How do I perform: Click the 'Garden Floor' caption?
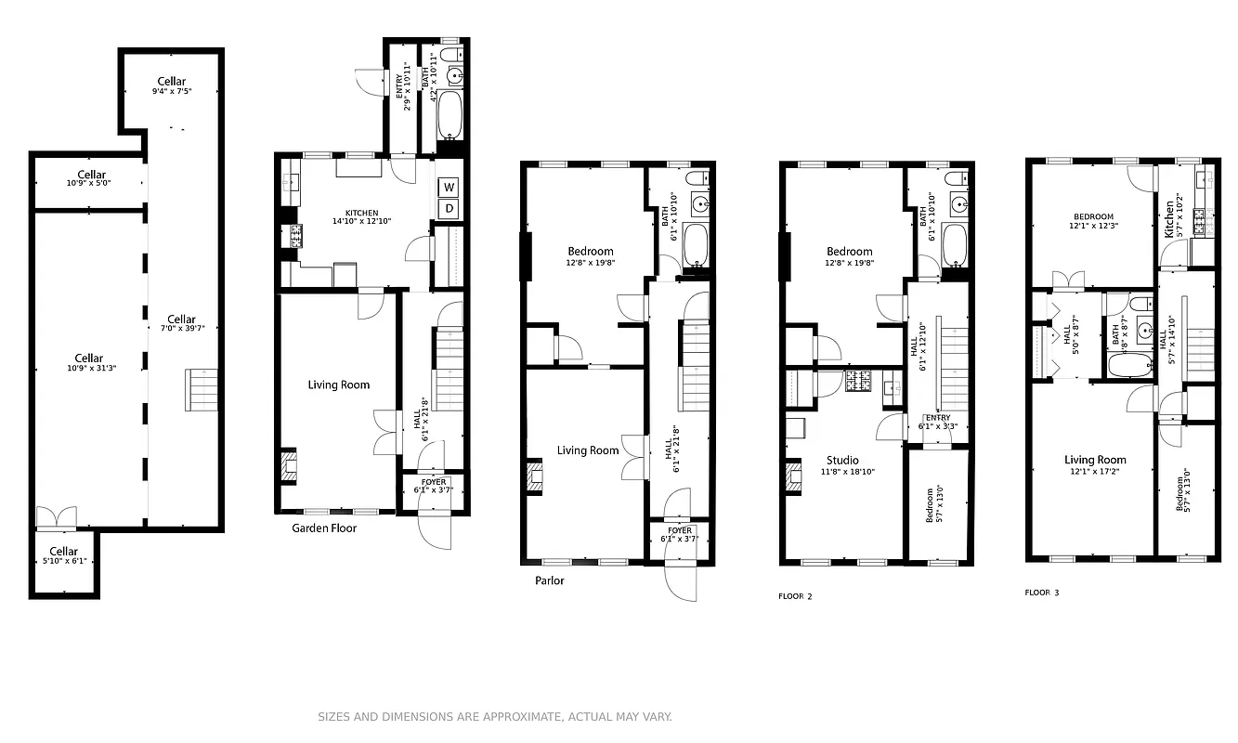coord(324,528)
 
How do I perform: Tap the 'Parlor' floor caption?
coord(549,580)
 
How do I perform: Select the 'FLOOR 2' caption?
coord(795,596)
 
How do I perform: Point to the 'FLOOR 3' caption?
coord(1041,593)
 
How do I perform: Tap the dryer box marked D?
coord(449,208)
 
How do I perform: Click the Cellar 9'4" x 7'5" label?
coord(171,86)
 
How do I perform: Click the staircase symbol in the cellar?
coord(202,390)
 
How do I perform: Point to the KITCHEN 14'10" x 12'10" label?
coord(356,217)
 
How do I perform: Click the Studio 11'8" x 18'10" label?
coord(842,465)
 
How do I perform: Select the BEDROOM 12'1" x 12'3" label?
coord(1089,221)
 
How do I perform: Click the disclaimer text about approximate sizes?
coord(494,717)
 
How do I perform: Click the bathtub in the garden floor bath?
coord(451,114)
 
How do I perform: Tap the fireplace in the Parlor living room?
coord(535,476)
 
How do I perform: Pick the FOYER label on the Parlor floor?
coord(680,535)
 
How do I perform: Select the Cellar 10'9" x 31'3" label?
coord(89,362)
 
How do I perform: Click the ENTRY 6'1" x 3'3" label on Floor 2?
coord(937,422)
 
